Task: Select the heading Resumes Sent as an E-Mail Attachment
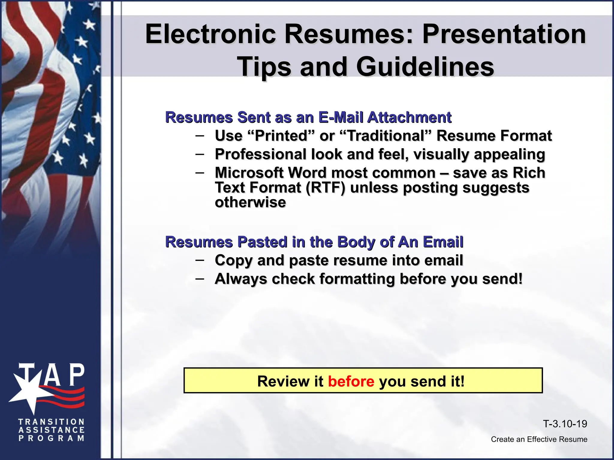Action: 308,117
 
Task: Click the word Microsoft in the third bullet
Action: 249,173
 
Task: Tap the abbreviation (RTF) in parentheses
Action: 326,188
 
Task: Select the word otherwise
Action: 250,202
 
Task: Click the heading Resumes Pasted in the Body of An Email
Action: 314,242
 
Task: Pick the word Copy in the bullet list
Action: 234,260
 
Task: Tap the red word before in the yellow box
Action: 351,381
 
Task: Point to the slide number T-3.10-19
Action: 565,424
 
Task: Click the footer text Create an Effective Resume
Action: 539,439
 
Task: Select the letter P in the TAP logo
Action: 77,375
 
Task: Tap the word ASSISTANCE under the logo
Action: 51,430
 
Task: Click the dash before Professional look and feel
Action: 200,154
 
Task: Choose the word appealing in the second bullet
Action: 509,155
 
